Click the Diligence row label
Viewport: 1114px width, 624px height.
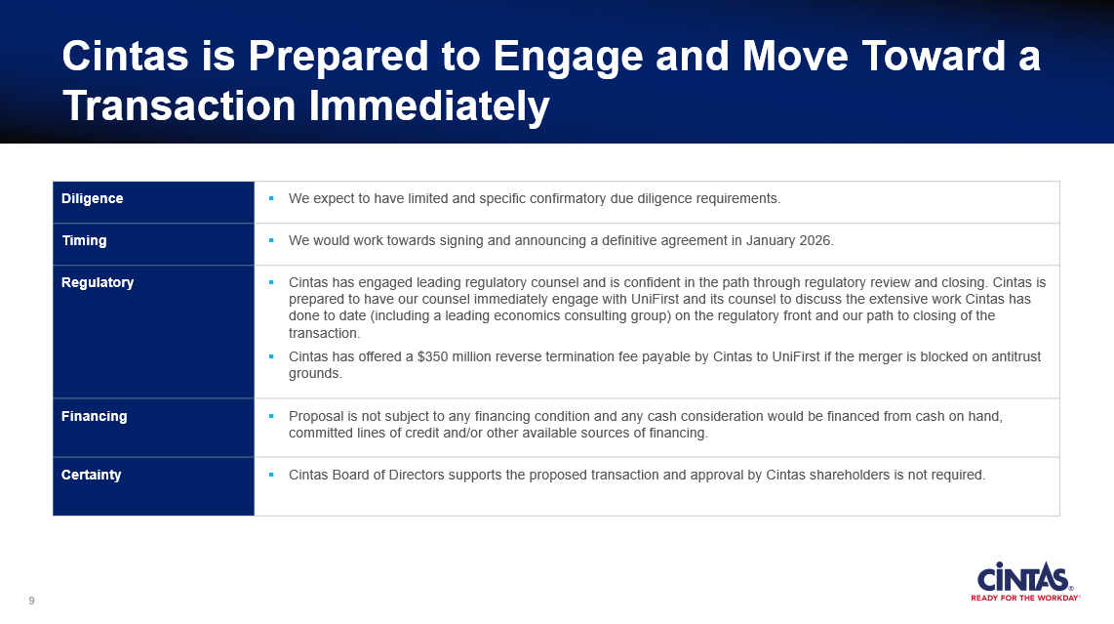[93, 198]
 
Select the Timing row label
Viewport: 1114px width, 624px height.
[84, 240]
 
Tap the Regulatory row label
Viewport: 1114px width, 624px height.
[98, 282]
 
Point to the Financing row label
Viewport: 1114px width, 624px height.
[94, 416]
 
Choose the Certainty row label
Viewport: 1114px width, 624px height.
[91, 475]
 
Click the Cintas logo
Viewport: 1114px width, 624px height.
[1025, 581]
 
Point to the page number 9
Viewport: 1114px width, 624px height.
[31, 602]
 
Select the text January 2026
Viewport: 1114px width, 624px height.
[788, 240]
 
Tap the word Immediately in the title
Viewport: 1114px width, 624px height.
[429, 106]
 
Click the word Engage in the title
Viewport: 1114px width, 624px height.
[569, 57]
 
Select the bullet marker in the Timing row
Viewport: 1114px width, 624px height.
[270, 240]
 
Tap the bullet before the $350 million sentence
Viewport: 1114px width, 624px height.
[270, 356]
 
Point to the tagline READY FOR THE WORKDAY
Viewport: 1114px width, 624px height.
[1025, 598]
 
